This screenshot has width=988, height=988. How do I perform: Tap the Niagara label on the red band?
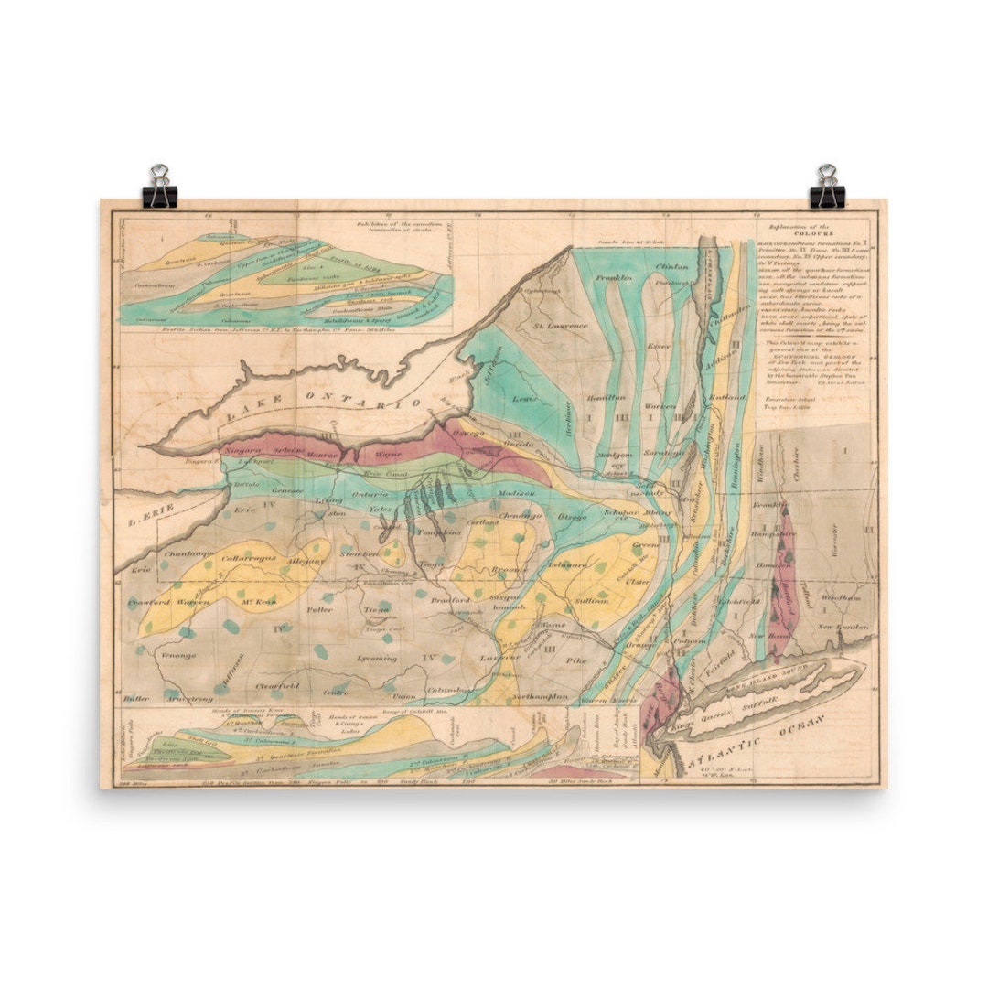243,451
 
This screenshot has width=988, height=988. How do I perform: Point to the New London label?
841,627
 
